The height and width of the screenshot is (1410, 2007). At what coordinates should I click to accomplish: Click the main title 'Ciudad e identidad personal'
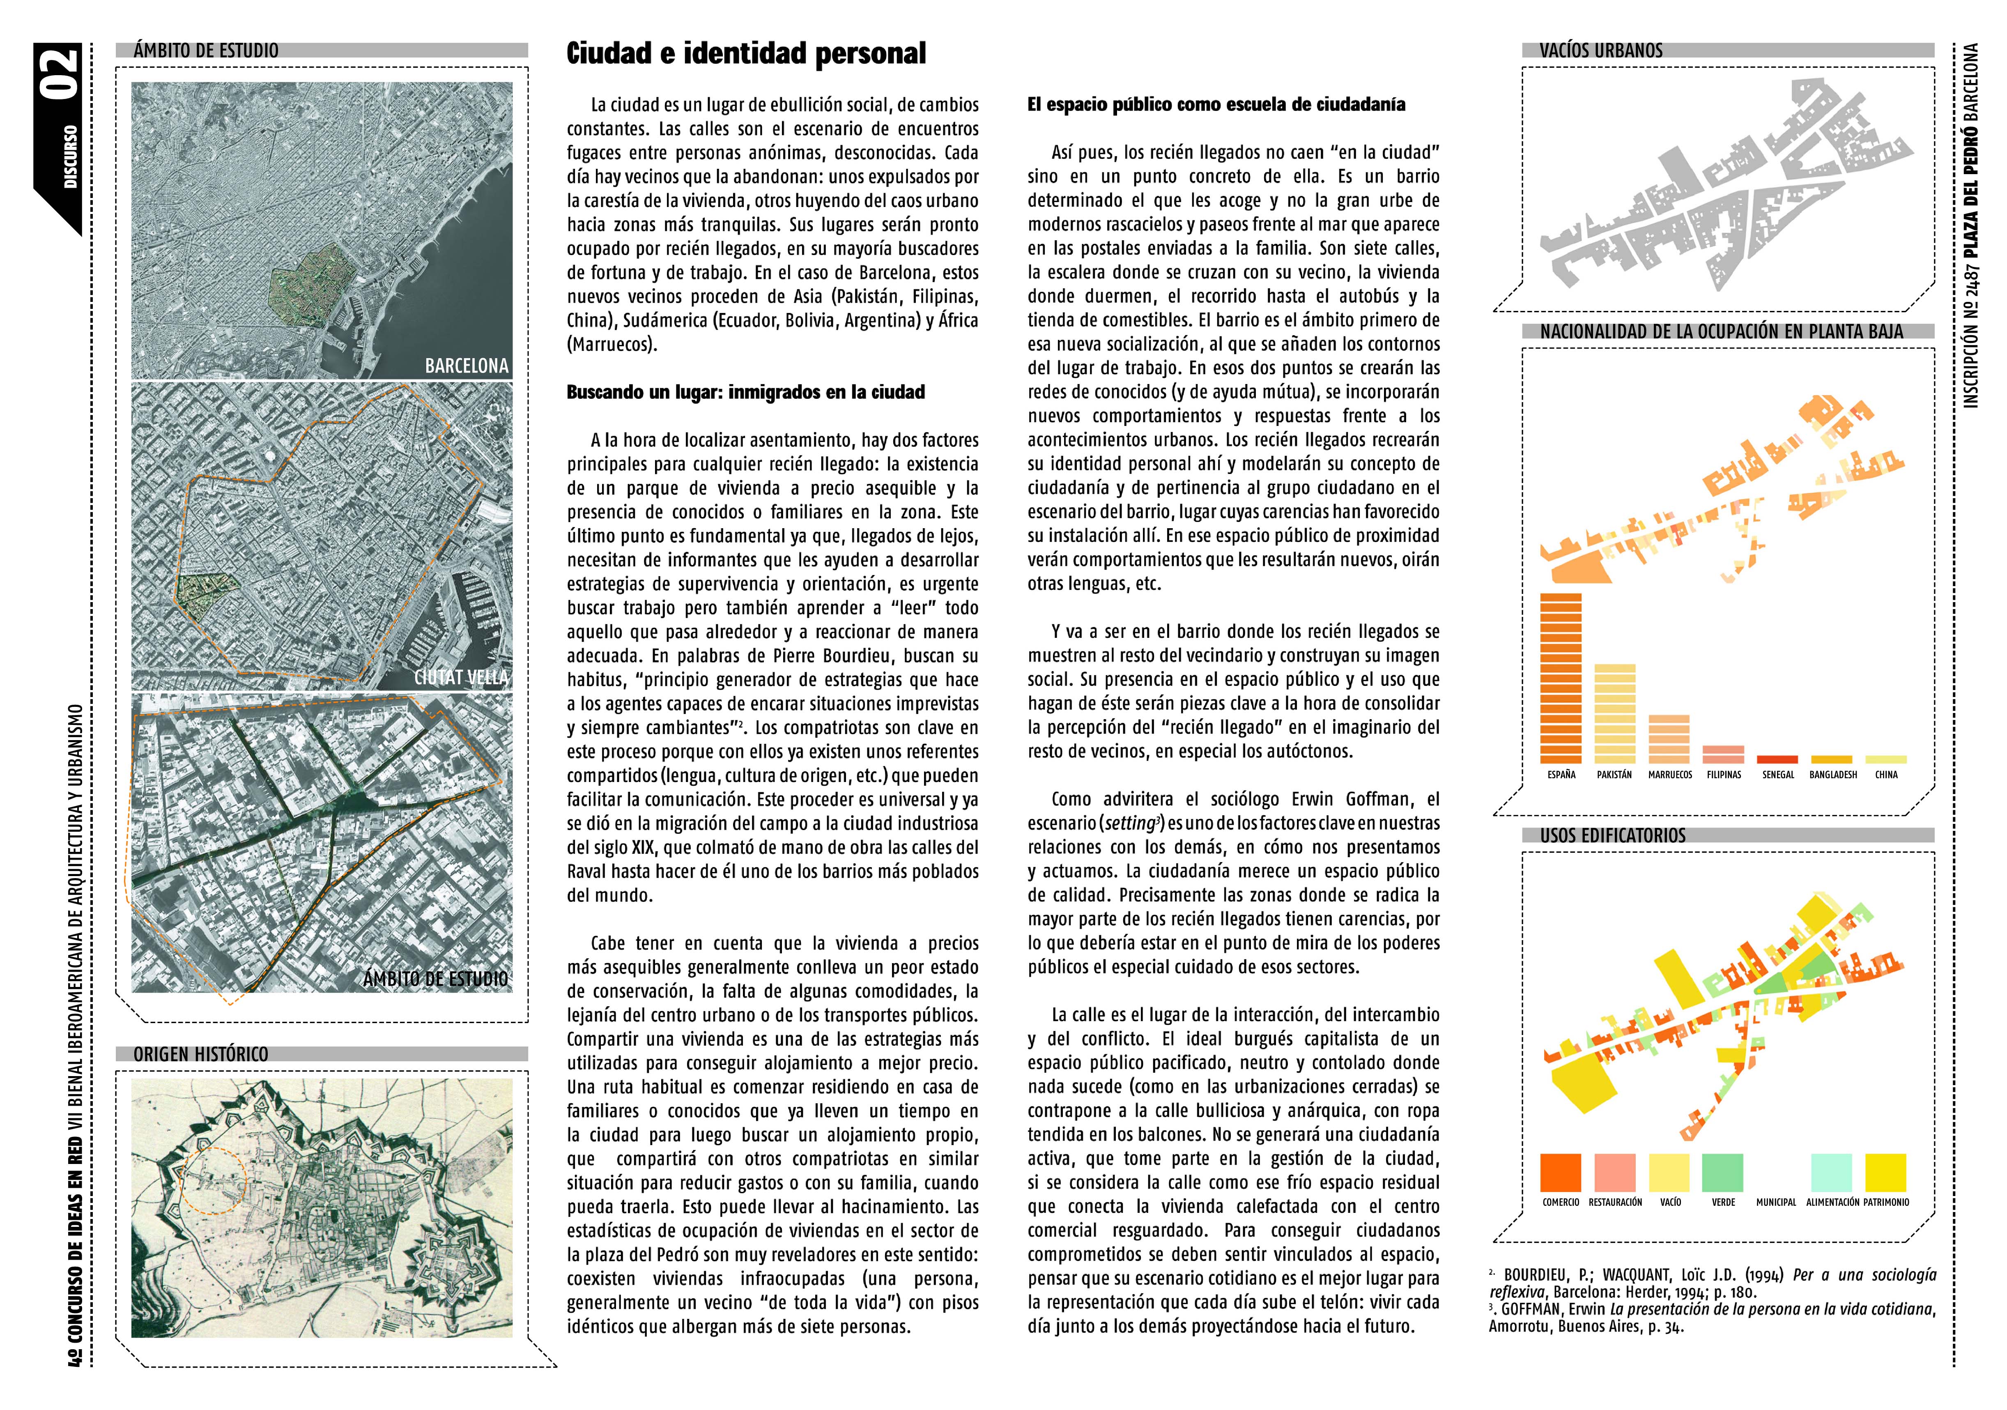tap(746, 54)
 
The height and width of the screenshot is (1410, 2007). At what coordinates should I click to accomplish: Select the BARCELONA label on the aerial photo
tap(466, 366)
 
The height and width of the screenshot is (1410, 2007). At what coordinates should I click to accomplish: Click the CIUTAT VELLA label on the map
tap(461, 677)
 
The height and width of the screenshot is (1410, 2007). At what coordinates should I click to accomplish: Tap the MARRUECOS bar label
tap(1669, 775)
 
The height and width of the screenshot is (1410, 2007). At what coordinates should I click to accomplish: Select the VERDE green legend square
tap(1723, 1172)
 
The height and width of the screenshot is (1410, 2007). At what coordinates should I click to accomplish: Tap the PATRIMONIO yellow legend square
tap(1885, 1172)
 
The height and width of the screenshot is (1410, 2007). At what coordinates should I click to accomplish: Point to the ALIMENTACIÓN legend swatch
tap(1831, 1172)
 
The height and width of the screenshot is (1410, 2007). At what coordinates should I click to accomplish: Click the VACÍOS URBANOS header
tap(1600, 51)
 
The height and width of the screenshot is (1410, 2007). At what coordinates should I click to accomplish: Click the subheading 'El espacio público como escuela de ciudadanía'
tap(1216, 105)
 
